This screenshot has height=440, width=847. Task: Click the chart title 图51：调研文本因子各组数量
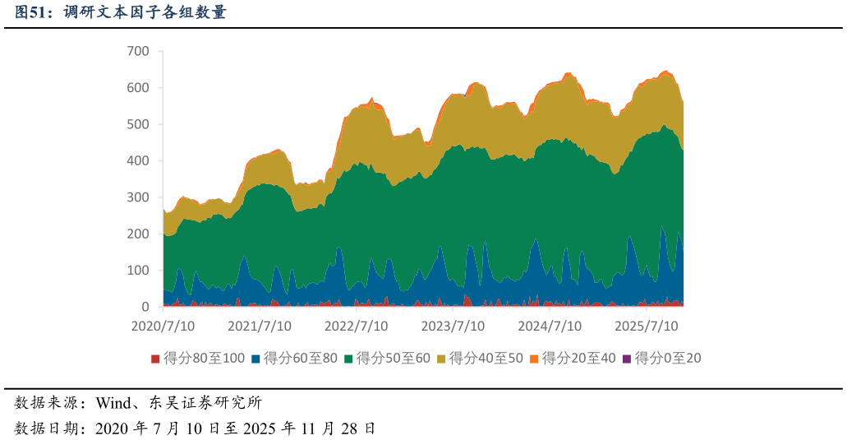tap(120, 12)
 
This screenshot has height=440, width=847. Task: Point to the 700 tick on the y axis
tap(138, 51)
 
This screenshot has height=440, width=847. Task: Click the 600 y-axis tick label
tap(138, 88)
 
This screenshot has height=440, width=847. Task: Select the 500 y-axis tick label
tap(138, 124)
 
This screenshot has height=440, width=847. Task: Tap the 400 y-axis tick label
tap(138, 161)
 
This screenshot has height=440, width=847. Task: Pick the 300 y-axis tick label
tap(138, 197)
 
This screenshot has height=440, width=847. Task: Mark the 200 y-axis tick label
tap(138, 234)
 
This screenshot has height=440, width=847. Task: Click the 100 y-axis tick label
tap(138, 271)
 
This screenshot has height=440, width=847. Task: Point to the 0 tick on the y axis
tap(145, 307)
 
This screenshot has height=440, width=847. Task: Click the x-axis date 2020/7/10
tap(163, 326)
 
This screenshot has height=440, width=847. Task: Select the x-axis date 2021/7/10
tap(260, 326)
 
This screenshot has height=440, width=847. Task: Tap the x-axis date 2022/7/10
tap(357, 326)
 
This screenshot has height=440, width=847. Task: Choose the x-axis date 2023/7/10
tap(453, 326)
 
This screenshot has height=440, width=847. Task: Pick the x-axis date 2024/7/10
tap(550, 326)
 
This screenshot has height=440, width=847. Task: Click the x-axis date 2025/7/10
tap(647, 326)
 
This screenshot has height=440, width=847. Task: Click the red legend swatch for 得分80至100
tap(155, 359)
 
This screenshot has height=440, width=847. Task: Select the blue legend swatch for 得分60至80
tap(255, 359)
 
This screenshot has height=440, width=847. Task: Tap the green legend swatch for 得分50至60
tap(349, 359)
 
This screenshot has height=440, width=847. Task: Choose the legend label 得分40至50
tap(486, 358)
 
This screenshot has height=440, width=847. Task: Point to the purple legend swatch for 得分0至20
tap(628, 359)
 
